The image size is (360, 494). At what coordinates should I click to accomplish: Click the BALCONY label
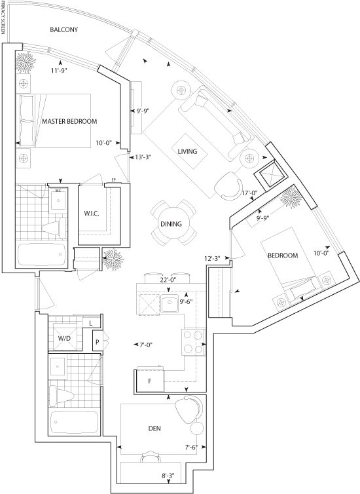tap(64, 29)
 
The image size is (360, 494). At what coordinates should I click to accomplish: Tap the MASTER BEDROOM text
tap(69, 121)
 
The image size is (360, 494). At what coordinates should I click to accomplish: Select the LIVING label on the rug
tap(188, 151)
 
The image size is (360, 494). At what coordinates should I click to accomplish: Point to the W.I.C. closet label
tap(92, 214)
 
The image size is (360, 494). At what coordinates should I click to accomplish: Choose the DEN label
tap(154, 428)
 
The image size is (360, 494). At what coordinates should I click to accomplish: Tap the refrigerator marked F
tap(151, 381)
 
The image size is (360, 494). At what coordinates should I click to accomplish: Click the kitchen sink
tap(170, 304)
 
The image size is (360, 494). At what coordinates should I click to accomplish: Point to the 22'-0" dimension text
tap(168, 279)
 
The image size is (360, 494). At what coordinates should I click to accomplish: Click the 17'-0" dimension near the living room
tap(250, 192)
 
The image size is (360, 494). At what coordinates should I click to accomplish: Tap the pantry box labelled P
tap(98, 341)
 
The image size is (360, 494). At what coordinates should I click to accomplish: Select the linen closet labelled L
tap(91, 323)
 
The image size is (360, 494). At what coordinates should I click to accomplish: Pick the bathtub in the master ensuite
tap(42, 255)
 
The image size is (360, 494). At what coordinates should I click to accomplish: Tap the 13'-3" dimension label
tap(143, 157)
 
